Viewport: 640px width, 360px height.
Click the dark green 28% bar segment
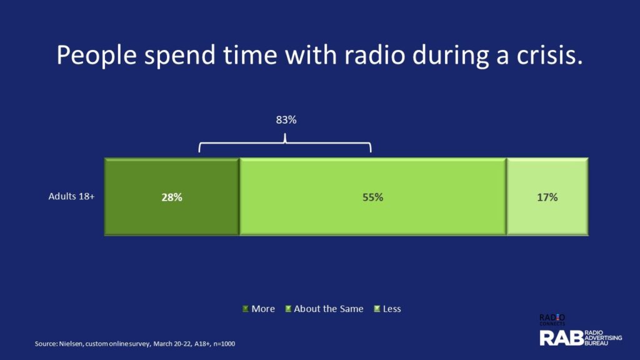coord(172,197)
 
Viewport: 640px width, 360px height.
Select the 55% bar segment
coord(372,197)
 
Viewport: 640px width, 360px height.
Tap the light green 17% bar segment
coord(547,197)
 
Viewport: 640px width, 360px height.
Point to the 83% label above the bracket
coord(286,120)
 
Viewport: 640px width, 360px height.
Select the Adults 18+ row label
coord(71,196)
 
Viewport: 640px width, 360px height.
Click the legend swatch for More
coord(245,309)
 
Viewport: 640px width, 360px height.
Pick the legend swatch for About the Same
coord(288,309)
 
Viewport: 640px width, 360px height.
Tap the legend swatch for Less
coord(377,309)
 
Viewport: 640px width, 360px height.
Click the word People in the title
coord(96,56)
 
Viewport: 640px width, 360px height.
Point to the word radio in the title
coord(375,55)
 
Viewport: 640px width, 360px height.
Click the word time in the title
coord(250,55)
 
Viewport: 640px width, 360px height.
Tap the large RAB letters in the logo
coord(562,338)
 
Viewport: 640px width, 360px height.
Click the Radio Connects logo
coord(552,319)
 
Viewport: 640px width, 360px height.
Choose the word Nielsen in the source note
coord(71,344)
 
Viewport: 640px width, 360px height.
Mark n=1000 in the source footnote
coord(224,344)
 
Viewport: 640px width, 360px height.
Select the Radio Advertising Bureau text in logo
coord(603,338)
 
